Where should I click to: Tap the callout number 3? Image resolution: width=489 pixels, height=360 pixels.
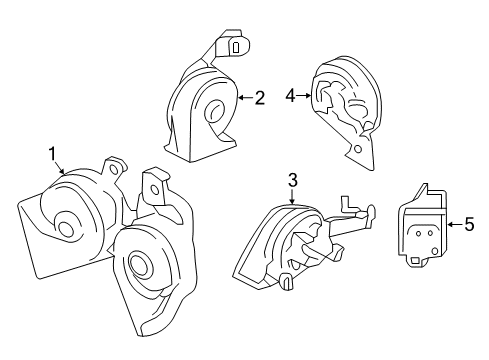pos(292,180)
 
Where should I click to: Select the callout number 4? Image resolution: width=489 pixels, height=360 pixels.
pos(290,97)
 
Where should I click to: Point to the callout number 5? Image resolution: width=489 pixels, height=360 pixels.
pos(469,225)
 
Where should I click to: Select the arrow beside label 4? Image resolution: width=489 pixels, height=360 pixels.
pos(304,97)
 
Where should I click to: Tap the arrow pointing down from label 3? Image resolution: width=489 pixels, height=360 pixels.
pos(292,196)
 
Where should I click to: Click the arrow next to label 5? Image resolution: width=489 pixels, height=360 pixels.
pos(452,225)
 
